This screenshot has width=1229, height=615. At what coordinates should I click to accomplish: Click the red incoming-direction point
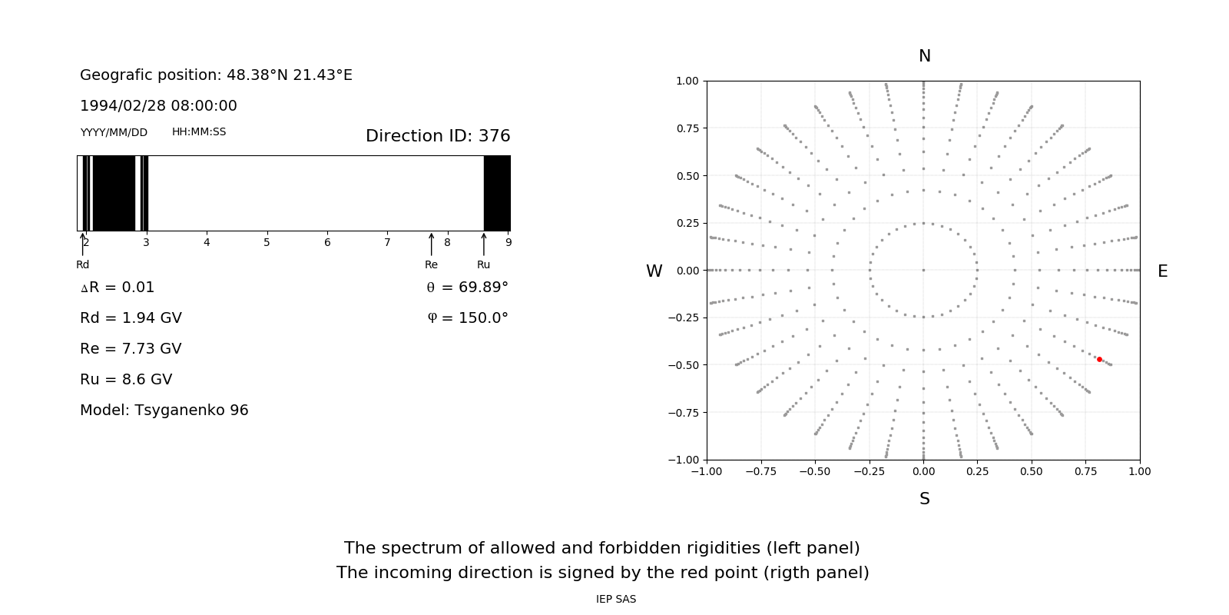(x=1099, y=359)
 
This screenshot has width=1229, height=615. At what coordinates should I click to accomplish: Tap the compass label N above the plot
(x=925, y=56)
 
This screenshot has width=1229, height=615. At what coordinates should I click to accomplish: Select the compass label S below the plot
(x=925, y=499)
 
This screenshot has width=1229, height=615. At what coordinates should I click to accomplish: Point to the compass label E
(x=1162, y=271)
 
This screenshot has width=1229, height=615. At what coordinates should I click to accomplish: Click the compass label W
(x=654, y=271)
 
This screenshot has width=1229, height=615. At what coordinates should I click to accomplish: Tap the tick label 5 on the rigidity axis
(x=267, y=243)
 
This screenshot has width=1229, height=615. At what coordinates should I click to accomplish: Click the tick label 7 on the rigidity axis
(x=387, y=243)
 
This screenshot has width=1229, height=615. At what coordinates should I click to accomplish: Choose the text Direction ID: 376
(x=438, y=136)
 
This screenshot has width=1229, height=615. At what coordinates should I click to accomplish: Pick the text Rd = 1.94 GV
(x=131, y=318)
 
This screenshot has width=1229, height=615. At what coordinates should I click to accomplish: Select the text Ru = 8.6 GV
(x=126, y=380)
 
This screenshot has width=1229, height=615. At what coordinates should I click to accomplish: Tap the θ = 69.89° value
(x=467, y=288)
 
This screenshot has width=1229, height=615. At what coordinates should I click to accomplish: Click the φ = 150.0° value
(x=468, y=318)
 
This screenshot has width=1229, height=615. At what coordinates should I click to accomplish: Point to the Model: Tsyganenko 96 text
(x=164, y=411)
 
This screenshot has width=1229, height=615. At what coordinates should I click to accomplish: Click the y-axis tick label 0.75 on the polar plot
(x=687, y=128)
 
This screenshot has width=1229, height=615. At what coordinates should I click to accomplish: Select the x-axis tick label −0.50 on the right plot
(x=815, y=471)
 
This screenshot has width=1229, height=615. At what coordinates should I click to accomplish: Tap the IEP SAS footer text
(x=616, y=600)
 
